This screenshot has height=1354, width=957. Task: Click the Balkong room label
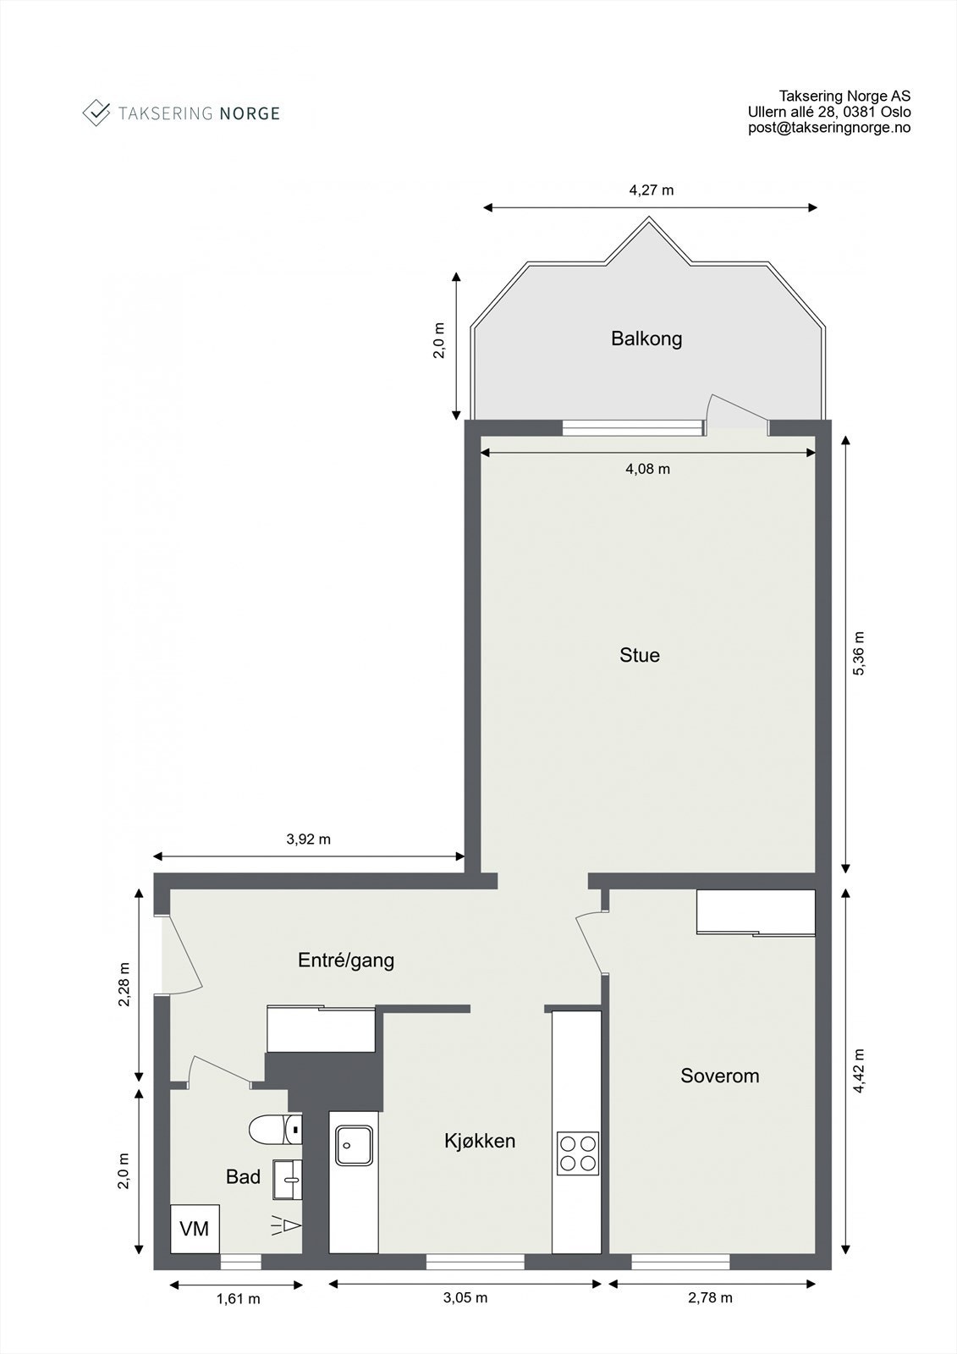(646, 339)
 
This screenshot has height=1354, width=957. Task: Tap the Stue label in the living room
(640, 655)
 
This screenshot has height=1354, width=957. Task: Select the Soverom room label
(720, 1076)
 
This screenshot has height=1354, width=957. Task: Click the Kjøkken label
(480, 1141)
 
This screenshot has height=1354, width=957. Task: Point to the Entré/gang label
(346, 960)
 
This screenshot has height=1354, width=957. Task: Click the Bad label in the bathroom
(243, 1177)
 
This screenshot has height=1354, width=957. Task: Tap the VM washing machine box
(195, 1229)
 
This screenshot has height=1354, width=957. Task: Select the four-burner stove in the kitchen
(578, 1153)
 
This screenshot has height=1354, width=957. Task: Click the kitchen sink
(353, 1145)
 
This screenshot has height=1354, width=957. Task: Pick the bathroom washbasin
(288, 1180)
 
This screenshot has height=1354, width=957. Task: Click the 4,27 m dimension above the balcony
(652, 190)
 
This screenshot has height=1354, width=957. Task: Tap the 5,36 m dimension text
(859, 653)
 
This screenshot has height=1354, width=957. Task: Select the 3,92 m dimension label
(309, 839)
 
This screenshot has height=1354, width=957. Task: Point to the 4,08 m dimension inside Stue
(647, 469)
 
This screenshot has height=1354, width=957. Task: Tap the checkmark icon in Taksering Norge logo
(96, 112)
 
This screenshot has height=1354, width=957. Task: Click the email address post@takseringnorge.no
(829, 128)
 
